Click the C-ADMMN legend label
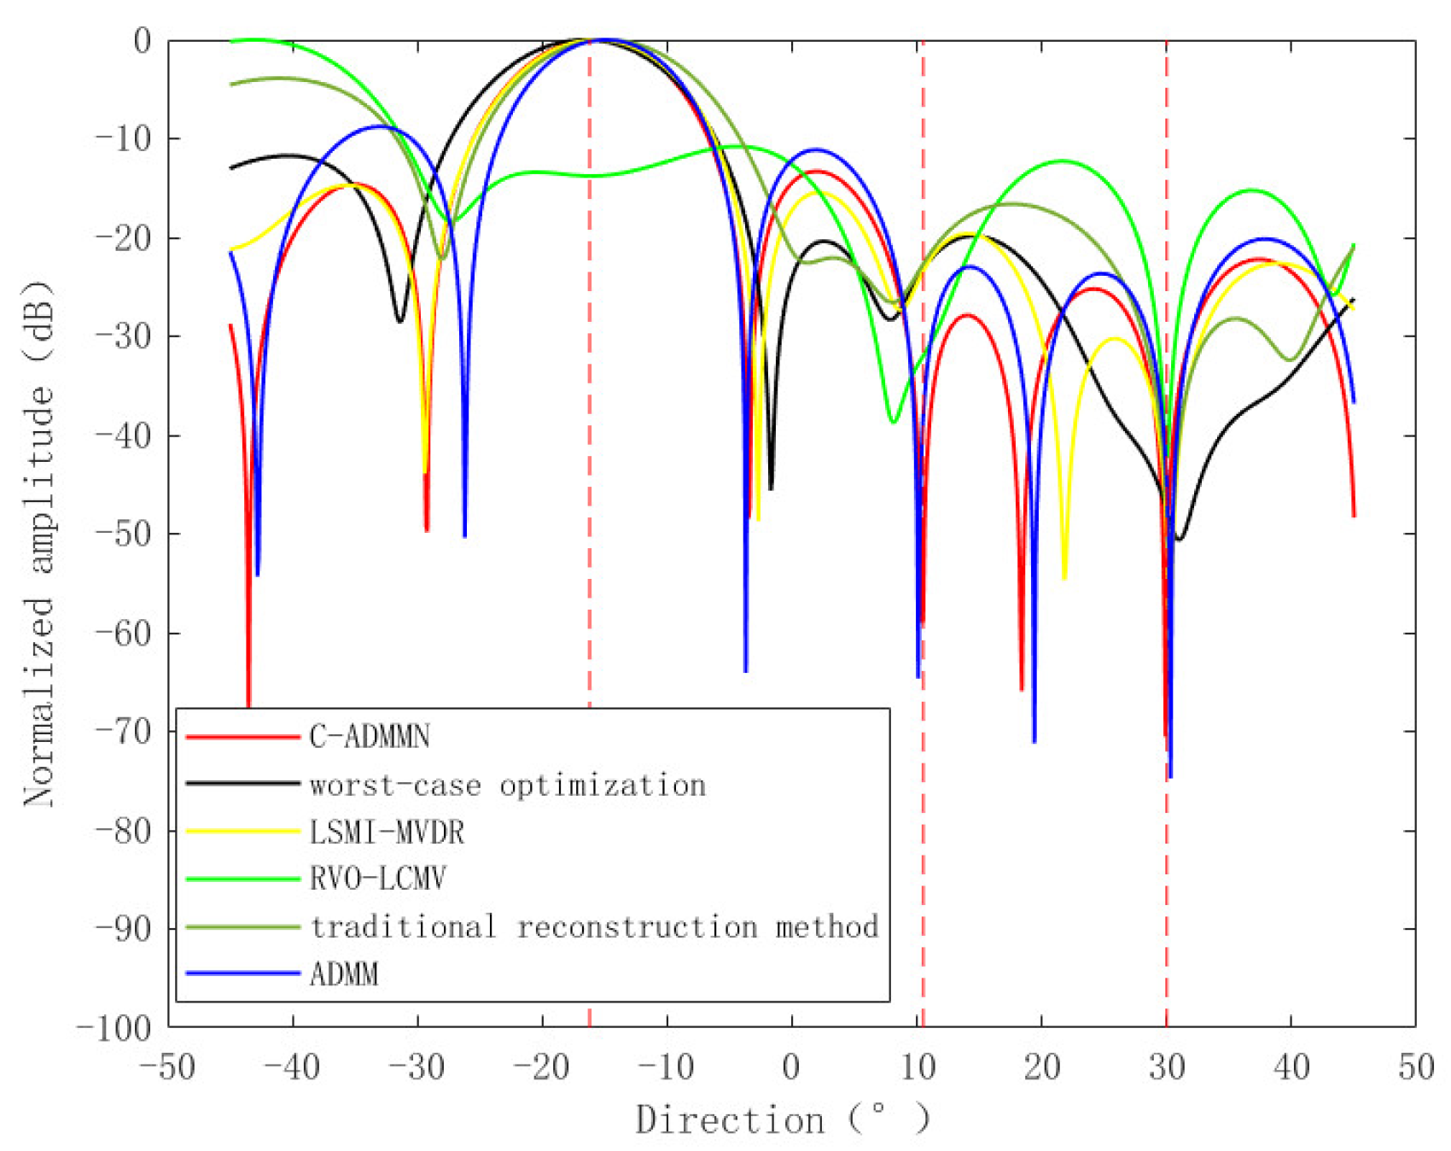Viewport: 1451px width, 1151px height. (370, 736)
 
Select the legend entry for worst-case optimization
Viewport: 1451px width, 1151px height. (508, 785)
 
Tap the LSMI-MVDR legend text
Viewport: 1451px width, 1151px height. (387, 832)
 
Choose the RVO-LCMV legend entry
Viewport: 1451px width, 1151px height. (377, 879)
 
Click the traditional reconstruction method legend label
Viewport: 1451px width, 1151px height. (594, 926)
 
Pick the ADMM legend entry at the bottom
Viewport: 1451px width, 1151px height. (344, 973)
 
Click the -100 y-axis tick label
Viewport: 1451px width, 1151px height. (114, 1027)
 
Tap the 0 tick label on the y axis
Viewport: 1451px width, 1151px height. (143, 41)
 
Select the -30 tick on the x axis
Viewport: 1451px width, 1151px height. (418, 1066)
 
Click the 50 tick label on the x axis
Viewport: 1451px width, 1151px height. (1415, 1066)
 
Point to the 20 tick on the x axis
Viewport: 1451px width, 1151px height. (1041, 1066)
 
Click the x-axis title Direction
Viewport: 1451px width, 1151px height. (730, 1119)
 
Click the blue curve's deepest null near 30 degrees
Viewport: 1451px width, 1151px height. (1170, 775)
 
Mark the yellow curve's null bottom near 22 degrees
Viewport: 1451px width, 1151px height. (1064, 577)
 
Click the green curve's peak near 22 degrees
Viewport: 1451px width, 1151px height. (1062, 161)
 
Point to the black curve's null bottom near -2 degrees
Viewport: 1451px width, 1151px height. (771, 488)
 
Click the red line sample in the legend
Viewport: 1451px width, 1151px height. (242, 736)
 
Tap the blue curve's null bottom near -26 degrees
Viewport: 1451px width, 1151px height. (464, 535)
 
